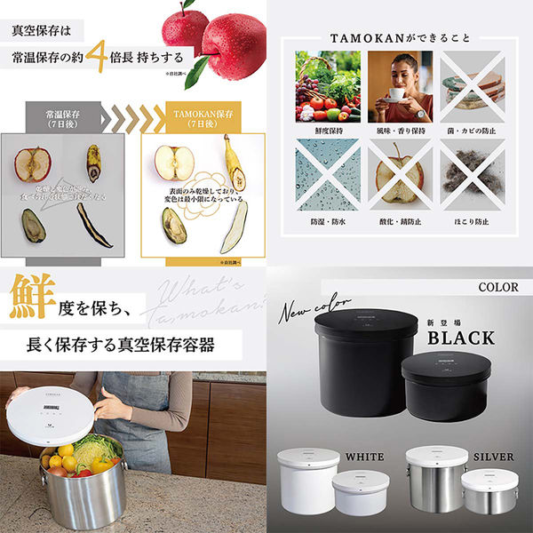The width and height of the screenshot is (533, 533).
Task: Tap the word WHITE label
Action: pos(366,457)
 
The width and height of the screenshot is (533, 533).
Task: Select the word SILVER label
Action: pos(493,457)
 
